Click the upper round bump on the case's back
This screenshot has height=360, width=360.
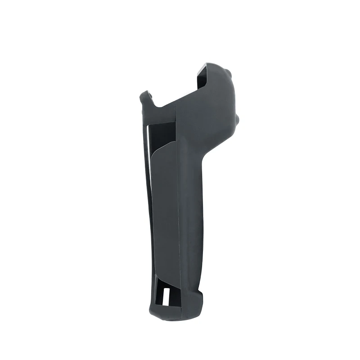[229, 73]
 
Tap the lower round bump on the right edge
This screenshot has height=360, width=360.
[237, 121]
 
